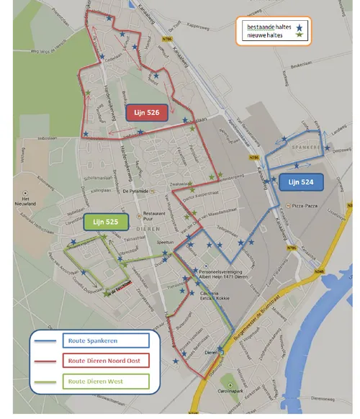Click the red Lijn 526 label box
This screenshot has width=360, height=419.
tap(146, 112)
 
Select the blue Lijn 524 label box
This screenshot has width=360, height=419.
tap(302, 182)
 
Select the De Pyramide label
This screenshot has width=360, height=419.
tap(135, 191)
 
